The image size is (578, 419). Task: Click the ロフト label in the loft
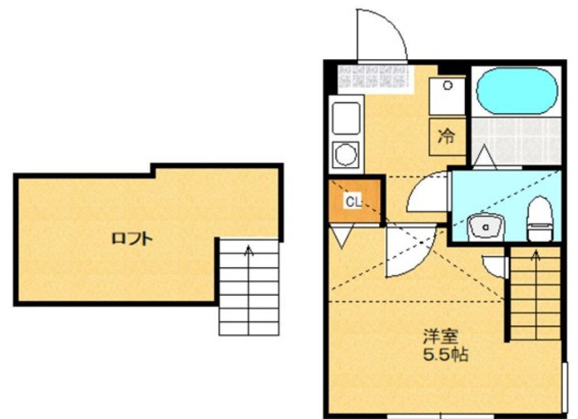click(132, 239)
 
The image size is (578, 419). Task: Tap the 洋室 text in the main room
click(441, 336)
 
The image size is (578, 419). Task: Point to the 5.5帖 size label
click(446, 354)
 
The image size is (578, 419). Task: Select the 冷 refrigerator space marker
click(446, 136)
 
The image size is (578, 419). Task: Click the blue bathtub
click(517, 91)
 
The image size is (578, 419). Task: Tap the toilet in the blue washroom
click(540, 219)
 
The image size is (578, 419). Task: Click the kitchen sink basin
click(346, 118)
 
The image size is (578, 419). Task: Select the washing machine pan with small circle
click(447, 97)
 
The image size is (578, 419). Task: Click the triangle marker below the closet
click(343, 236)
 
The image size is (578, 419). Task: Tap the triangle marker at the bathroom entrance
click(484, 157)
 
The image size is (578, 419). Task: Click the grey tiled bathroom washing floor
click(517, 141)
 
